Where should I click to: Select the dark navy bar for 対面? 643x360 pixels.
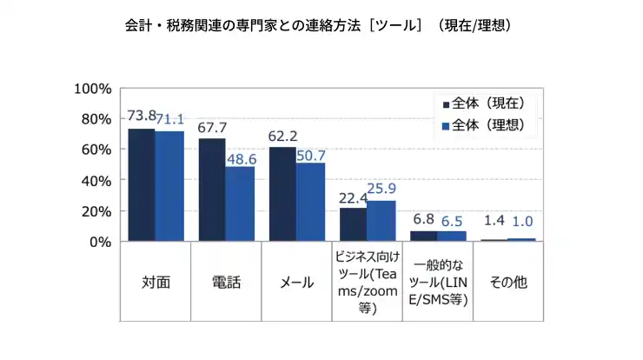pyautogui.click(x=142, y=185)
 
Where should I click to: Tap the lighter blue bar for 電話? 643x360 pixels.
pyautogui.click(x=240, y=203)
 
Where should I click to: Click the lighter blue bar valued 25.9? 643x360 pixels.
pyautogui.click(x=381, y=221)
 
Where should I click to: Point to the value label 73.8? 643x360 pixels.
pyautogui.click(x=141, y=116)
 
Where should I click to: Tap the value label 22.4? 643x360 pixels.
pyautogui.click(x=352, y=197)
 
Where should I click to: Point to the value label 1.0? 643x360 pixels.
pyautogui.click(x=522, y=222)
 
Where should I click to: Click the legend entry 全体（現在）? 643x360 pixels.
pyautogui.click(x=488, y=103)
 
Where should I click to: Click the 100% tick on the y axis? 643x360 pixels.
pyautogui.click(x=94, y=89)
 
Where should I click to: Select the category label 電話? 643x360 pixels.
pyautogui.click(x=226, y=283)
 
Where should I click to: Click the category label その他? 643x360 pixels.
pyautogui.click(x=508, y=283)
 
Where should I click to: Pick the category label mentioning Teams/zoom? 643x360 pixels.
pyautogui.click(x=367, y=283)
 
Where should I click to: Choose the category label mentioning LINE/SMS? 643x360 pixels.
pyautogui.click(x=438, y=283)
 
